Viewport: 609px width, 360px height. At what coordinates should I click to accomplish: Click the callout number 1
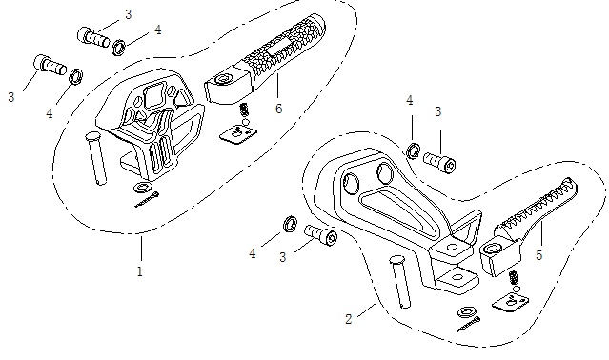(140, 271)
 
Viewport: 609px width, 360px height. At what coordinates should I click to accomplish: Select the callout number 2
(349, 319)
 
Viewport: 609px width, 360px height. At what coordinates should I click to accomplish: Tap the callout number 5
(538, 255)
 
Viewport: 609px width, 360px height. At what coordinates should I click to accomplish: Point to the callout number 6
(278, 109)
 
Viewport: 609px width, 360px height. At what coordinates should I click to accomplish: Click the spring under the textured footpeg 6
(244, 110)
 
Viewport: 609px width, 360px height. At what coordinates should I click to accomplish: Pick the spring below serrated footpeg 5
(514, 278)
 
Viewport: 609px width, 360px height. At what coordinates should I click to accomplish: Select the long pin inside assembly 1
(96, 158)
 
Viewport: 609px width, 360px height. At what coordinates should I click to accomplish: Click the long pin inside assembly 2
(400, 282)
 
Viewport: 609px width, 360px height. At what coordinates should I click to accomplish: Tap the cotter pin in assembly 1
(147, 200)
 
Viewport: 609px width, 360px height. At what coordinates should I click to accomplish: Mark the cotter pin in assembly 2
(468, 325)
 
